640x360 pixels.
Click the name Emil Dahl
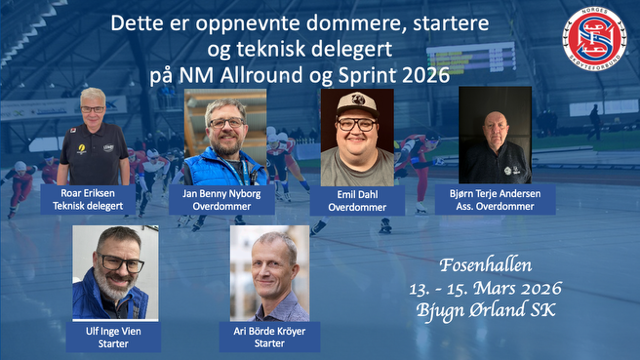click(x=357, y=193)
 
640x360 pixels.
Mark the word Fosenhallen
click(x=490, y=267)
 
